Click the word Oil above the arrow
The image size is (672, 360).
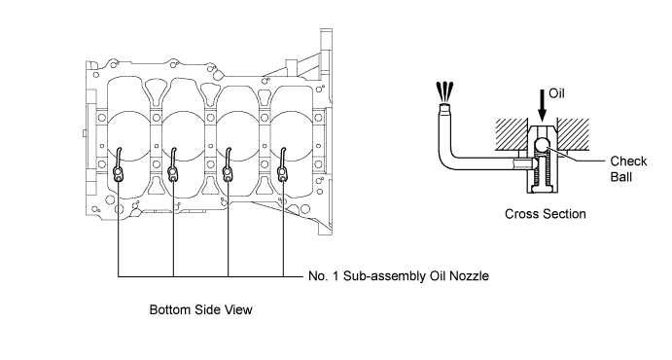[x=556, y=93]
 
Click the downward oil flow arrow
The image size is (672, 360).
[x=542, y=105]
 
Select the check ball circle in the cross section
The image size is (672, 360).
[x=542, y=145]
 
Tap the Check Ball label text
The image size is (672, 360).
[x=628, y=169]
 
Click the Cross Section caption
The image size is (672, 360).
[x=546, y=214]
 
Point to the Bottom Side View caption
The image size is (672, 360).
[x=200, y=309]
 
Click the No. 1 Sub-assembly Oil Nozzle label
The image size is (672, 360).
[x=399, y=275]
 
